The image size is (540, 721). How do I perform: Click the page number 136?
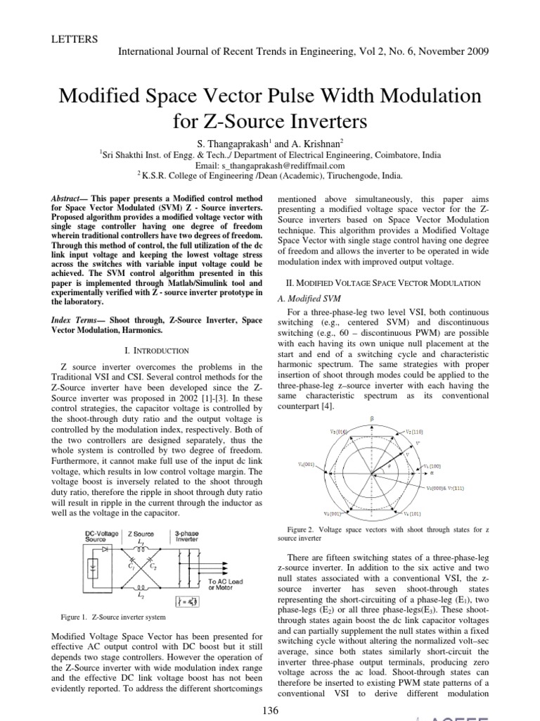[270, 710]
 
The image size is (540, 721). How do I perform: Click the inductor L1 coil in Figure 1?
[142, 554]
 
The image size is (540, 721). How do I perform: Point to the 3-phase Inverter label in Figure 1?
[187, 538]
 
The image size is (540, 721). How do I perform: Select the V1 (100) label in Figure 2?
[453, 465]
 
